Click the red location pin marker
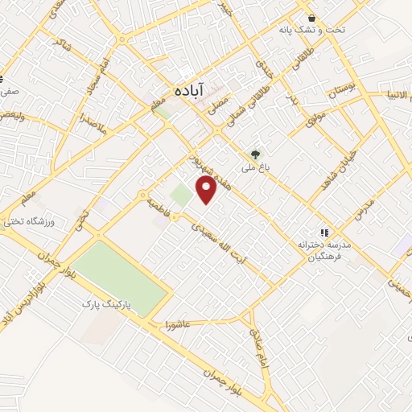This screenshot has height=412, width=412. click(207, 188)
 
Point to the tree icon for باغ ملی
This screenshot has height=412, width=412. click(256, 154)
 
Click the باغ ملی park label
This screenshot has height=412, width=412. click(256, 169)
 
